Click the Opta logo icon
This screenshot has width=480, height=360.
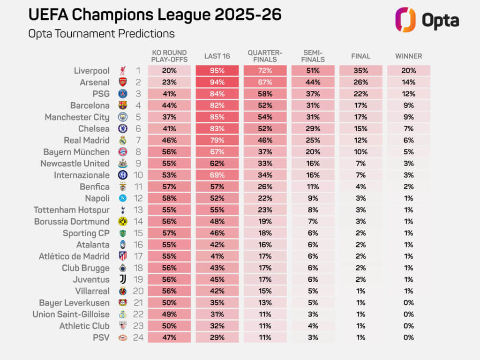tap(405, 20)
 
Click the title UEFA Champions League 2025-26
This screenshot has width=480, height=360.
tap(155, 14)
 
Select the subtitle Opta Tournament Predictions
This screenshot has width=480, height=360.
tap(101, 34)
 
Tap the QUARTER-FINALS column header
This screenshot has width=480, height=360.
tap(265, 56)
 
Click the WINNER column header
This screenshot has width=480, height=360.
tap(408, 56)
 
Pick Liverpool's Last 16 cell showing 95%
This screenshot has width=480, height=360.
tap(217, 71)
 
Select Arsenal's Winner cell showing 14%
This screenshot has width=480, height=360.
tap(408, 82)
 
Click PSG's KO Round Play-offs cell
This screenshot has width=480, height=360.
tap(169, 94)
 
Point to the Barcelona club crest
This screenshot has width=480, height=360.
tap(122, 105)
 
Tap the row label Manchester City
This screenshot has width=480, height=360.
tap(77, 117)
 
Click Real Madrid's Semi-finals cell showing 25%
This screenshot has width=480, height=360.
tap(313, 140)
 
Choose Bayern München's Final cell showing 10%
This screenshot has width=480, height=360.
tap(360, 152)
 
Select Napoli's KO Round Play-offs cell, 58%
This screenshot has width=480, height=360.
tap(169, 198)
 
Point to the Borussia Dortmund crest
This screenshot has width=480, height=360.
tap(122, 221)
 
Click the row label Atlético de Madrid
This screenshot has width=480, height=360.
tap(74, 256)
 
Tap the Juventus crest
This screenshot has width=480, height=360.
tap(122, 279)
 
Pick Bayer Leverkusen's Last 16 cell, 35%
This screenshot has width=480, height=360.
tap(217, 303)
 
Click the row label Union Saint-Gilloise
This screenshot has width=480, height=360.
tap(71, 314)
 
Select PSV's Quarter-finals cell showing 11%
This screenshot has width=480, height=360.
tap(265, 337)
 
